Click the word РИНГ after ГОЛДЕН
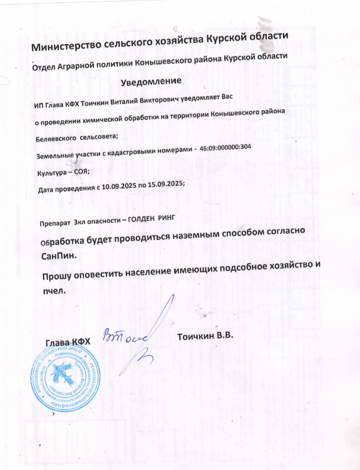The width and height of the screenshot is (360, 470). [157, 218]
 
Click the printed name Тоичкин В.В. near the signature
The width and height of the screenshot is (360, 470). [205, 335]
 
